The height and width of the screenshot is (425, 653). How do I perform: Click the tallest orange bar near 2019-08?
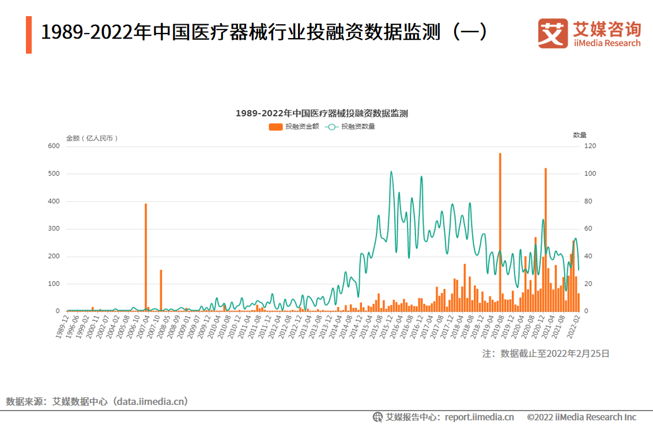tap(500, 231)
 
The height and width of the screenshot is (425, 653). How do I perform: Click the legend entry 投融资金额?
tap(294, 127)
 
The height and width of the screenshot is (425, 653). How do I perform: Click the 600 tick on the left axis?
tap(54, 146)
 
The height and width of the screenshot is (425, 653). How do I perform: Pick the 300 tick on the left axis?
tap(54, 229)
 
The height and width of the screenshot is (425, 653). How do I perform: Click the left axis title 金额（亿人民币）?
tap(92, 138)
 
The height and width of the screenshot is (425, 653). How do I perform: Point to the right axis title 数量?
tap(580, 135)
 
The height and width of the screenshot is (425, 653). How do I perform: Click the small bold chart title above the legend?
tap(322, 113)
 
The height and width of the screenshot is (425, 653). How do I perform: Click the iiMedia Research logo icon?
tap(553, 33)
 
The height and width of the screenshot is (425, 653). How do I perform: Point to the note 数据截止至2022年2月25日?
tap(546, 353)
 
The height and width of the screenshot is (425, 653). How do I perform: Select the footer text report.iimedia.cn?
tap(480, 417)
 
